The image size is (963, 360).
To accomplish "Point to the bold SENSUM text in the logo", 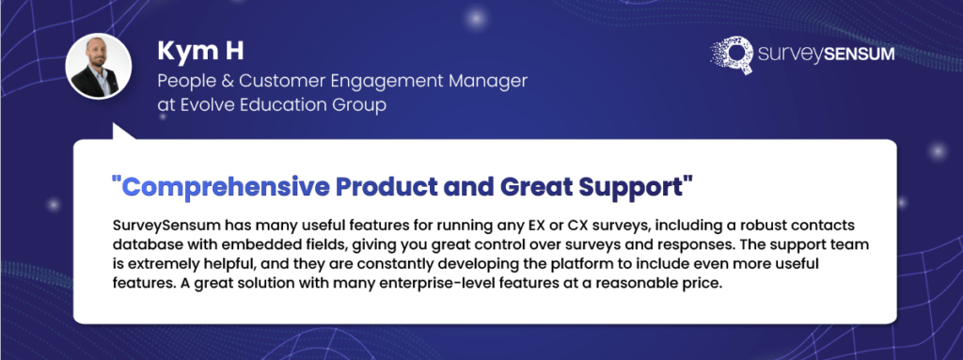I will pos(855,55).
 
